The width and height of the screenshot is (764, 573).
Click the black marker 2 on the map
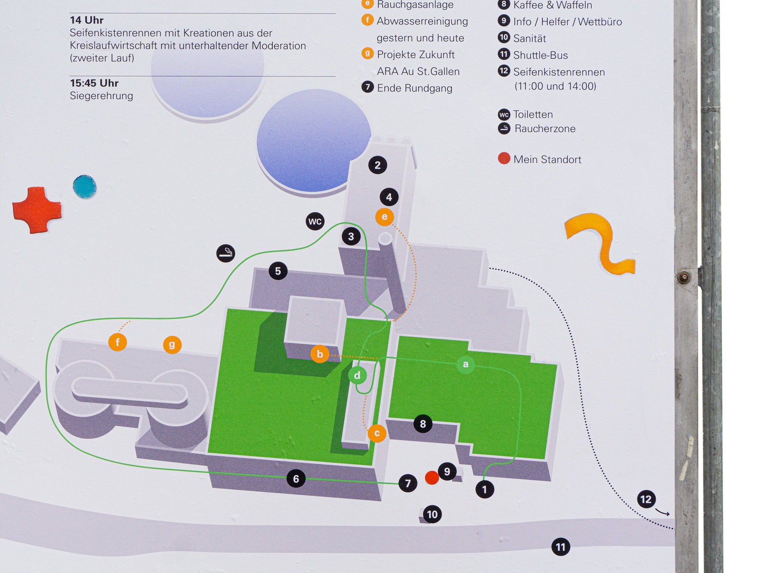378,165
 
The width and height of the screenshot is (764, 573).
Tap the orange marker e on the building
384,217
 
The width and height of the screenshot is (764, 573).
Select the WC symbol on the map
315,221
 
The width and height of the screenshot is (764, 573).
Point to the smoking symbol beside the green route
226,253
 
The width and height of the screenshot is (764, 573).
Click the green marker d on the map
357,375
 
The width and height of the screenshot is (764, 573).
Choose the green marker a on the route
466,364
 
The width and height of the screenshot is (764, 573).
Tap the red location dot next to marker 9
432,477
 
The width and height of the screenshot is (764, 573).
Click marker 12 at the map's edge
646,499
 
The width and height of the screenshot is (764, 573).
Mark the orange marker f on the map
117,342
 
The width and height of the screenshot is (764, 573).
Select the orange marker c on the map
377,433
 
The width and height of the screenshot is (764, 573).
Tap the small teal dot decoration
85,187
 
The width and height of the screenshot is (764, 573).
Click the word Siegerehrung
101,96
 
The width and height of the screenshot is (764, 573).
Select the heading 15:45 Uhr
94,83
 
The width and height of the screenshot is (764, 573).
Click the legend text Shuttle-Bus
541,55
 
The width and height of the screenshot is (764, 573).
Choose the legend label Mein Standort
547,159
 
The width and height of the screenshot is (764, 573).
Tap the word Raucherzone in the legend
545,128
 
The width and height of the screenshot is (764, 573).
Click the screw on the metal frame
684,277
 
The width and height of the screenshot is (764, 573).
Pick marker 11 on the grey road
561,547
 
